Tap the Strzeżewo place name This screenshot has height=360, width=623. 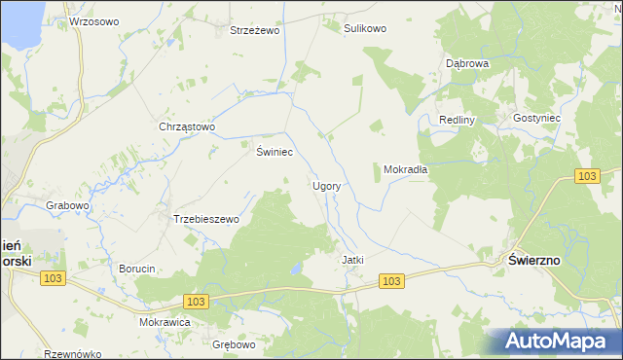254,30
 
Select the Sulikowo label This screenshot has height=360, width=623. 365,28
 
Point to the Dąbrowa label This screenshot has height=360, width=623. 466,62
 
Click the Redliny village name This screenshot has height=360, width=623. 456,120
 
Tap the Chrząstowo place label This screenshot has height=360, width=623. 186,126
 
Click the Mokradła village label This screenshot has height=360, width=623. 406,168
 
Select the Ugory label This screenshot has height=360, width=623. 325,185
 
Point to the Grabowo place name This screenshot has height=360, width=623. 67,205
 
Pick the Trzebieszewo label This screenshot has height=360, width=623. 205,219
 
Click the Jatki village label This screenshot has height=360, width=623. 352,260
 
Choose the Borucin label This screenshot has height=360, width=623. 136,268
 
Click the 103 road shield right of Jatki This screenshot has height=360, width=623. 391,281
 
